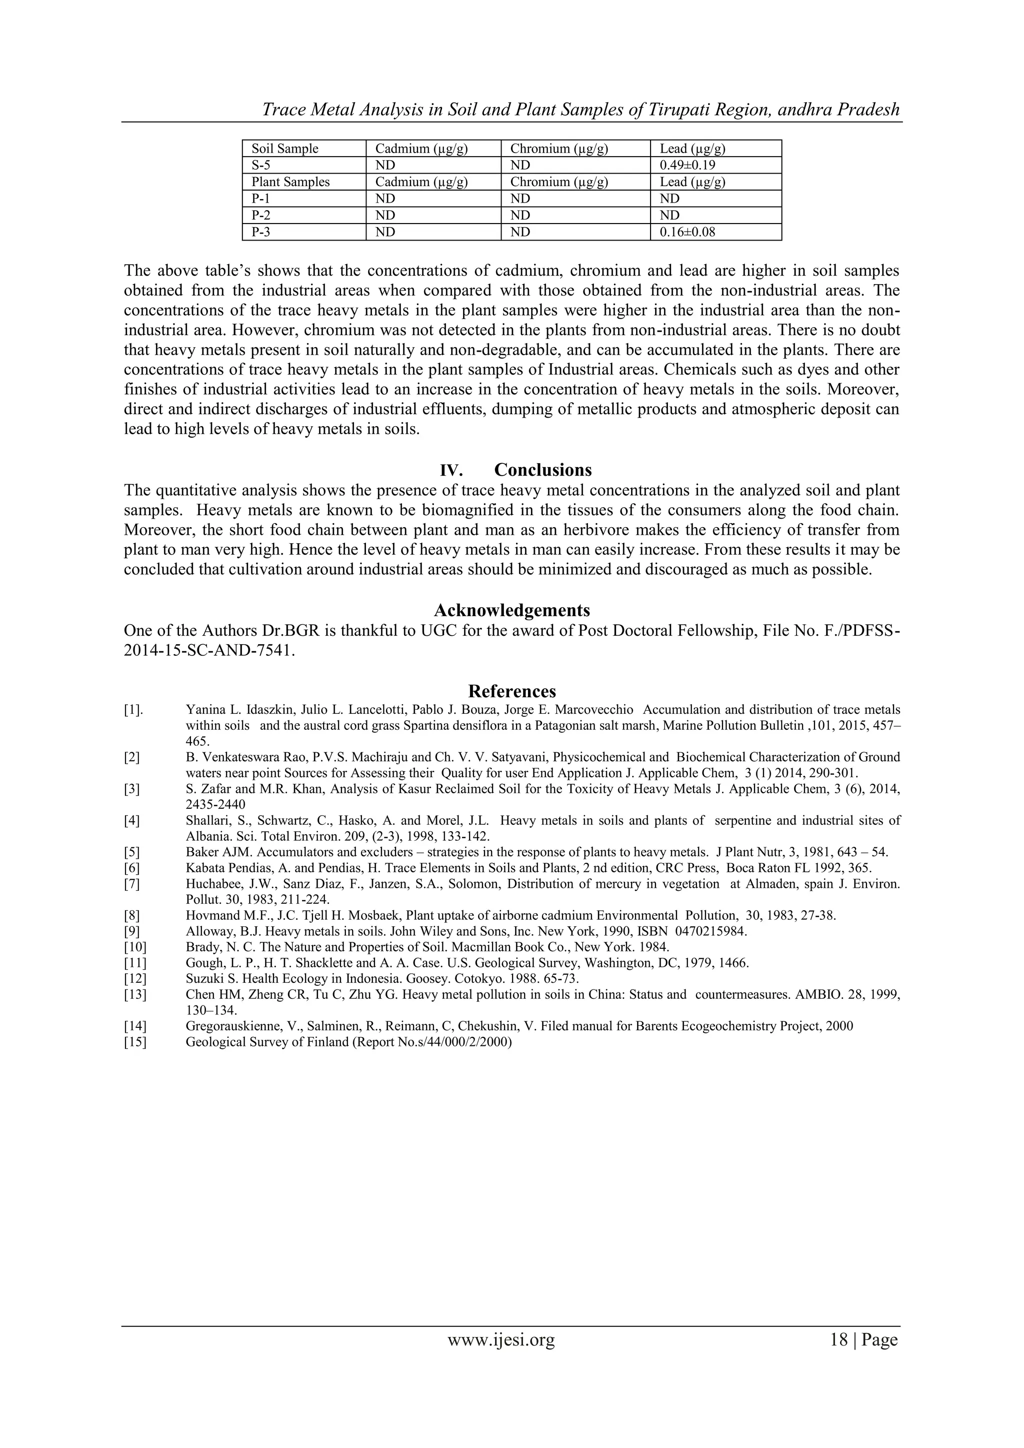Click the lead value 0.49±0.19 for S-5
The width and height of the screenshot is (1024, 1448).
coord(687,165)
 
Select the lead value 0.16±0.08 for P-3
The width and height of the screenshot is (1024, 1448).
coord(687,232)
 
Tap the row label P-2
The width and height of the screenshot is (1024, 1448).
coord(261,215)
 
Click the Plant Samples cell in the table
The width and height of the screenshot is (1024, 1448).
coord(290,182)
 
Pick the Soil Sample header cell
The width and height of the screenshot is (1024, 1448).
coord(285,149)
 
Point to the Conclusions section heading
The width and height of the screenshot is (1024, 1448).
coord(543,470)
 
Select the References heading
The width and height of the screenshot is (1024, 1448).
coord(512,691)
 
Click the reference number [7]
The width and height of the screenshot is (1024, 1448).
coord(132,884)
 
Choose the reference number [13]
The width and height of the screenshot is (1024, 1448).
coord(135,994)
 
